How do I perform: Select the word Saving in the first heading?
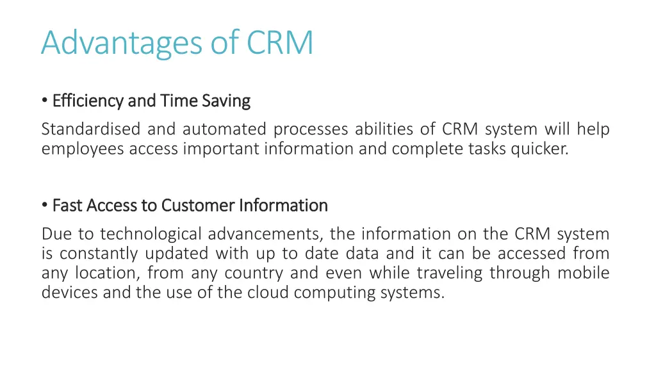pyautogui.click(x=226, y=101)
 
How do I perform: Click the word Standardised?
pyautogui.click(x=91, y=129)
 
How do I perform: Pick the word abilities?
pyautogui.click(x=385, y=129)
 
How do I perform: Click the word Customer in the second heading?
pyautogui.click(x=198, y=206)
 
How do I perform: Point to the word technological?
pyautogui.click(x=151, y=234)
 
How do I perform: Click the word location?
pyautogui.click(x=111, y=273)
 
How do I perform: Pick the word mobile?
pyautogui.click(x=584, y=273)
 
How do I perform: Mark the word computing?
pyautogui.click(x=344, y=292)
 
